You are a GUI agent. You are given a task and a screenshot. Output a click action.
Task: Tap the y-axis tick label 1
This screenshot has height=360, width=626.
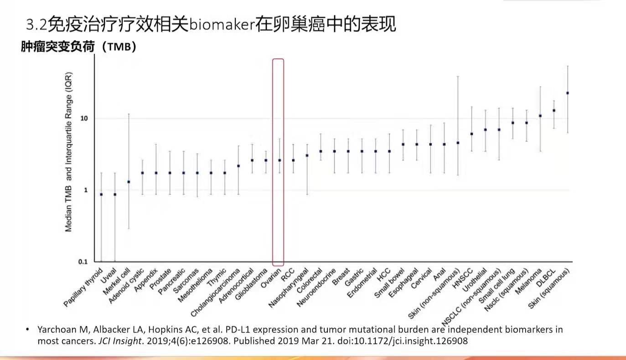click(85, 190)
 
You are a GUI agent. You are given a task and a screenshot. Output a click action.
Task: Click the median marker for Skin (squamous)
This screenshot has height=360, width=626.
click(567, 93)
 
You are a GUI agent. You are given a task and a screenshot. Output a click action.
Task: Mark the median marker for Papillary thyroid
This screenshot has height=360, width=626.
click(101, 195)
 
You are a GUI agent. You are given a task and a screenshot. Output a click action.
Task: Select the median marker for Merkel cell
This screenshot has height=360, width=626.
click(129, 182)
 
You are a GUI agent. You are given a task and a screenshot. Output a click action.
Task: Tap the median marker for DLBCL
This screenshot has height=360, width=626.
click(554, 110)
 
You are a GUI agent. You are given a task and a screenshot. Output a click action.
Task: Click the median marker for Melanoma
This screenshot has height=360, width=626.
click(540, 116)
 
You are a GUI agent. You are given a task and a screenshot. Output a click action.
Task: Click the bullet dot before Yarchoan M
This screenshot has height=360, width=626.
click(28, 329)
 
